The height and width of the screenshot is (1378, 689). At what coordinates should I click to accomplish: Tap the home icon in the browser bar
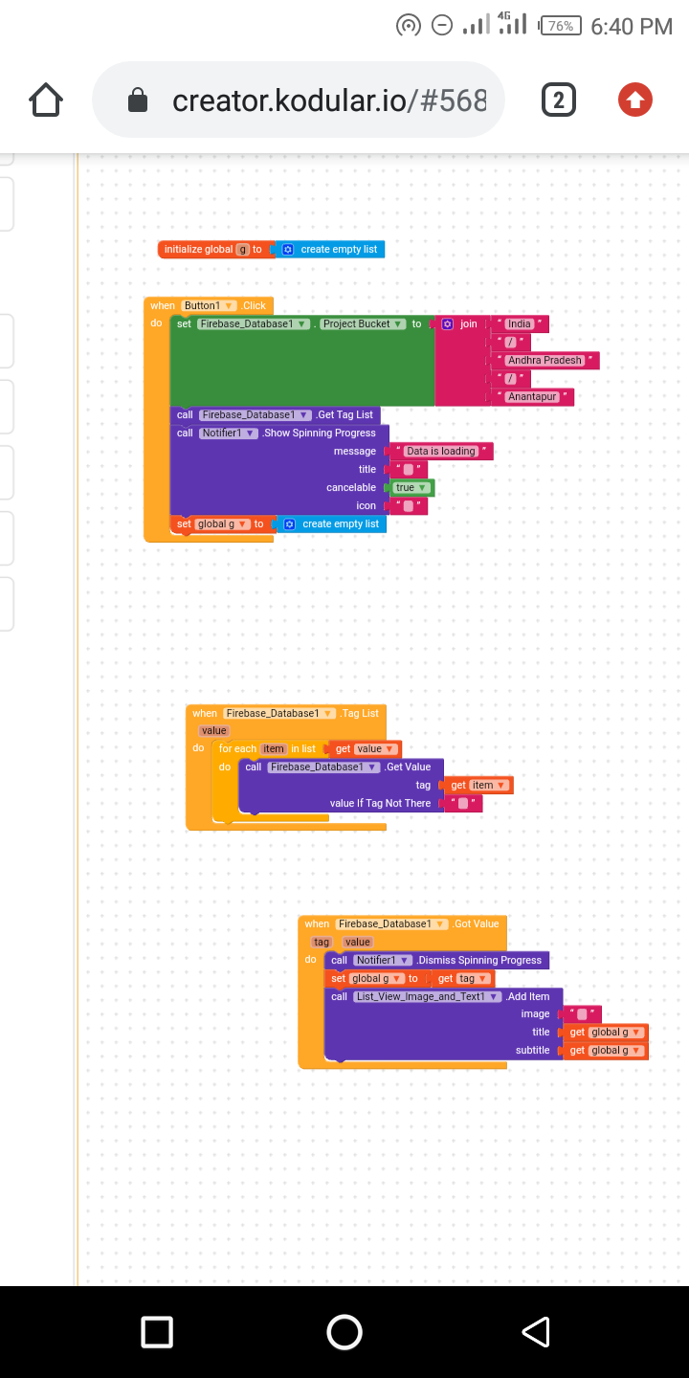tap(47, 100)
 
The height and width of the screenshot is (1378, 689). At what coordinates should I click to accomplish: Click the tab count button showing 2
tap(559, 100)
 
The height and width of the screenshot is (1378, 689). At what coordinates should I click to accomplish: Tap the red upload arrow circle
tap(635, 100)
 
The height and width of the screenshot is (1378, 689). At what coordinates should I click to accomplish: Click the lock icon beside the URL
tap(139, 100)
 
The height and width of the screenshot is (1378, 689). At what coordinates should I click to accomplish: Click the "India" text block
tap(520, 324)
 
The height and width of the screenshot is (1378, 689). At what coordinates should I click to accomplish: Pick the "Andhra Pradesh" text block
tap(545, 361)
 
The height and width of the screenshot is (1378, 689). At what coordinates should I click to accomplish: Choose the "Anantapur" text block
tap(532, 397)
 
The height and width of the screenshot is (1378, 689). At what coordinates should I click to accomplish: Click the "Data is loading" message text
tap(440, 452)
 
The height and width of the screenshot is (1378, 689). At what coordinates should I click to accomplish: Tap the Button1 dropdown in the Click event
tap(210, 306)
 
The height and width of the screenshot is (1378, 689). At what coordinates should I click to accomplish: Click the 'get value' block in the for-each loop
tap(365, 749)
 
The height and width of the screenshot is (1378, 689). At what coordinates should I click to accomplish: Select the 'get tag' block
tap(462, 979)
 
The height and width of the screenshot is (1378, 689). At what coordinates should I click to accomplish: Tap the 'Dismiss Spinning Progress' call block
tap(478, 960)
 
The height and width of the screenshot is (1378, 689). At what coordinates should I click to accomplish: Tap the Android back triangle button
tap(536, 1332)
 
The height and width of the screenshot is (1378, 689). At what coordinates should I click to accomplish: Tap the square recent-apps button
tap(157, 1332)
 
